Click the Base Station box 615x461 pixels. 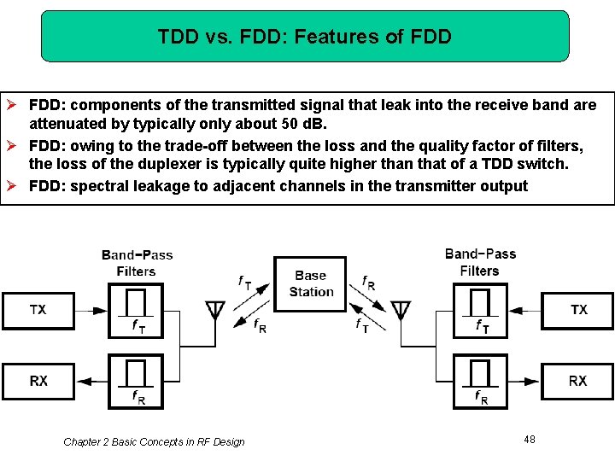pyautogui.click(x=311, y=283)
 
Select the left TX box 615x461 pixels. pyautogui.click(x=38, y=310)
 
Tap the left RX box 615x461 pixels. pyautogui.click(x=38, y=381)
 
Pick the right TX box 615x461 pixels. pyautogui.click(x=578, y=310)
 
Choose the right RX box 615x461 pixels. pyautogui.click(x=578, y=381)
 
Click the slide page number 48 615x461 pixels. pyautogui.click(x=530, y=439)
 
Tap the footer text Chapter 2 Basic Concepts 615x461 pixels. pyautogui.click(x=154, y=441)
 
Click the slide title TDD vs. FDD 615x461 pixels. pyautogui.click(x=305, y=37)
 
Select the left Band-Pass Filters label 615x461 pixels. pyautogui.click(x=137, y=263)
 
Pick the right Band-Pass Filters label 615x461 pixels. pyautogui.click(x=480, y=262)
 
